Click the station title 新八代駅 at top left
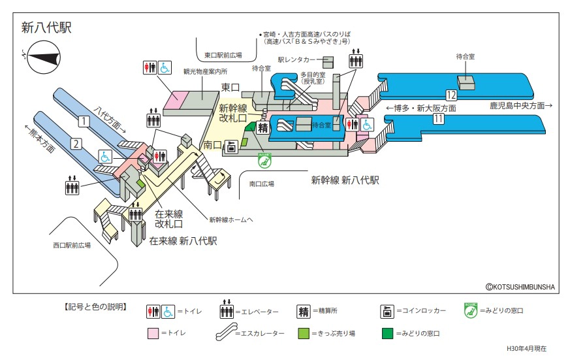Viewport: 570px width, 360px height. pos(46,27)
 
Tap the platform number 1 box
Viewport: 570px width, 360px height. pos(84,120)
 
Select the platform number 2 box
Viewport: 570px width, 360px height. pos(76,144)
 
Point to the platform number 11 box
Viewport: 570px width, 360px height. pos(438,119)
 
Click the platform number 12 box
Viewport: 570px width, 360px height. pos(451,93)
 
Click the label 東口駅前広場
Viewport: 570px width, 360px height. pos(223,56)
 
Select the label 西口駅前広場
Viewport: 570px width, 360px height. pos(72,246)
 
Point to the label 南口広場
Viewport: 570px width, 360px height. pos(262,184)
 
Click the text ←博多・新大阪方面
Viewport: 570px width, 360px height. pos(420,108)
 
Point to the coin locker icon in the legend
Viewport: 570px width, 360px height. pos(387,312)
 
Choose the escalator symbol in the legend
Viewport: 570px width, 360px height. pos(232,333)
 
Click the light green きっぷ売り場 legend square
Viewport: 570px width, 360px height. pos(303,333)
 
